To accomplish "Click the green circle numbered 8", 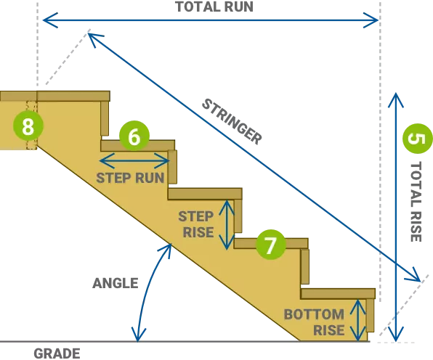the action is coord(28,126).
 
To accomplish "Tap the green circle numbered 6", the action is coord(134,136).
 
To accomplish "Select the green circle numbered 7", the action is coord(270,245).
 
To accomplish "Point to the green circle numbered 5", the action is coord(417,139).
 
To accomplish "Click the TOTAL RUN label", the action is coord(214,7).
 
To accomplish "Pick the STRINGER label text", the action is coord(232,122).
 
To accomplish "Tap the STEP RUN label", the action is coord(130,178).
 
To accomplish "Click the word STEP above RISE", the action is coord(195,216).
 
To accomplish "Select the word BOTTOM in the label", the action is coord(314,314).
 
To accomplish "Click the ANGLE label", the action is coord(116,283).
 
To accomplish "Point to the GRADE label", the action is coord(57,353).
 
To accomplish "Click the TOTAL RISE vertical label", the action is coord(416,202).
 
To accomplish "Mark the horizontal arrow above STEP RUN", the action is coord(134,160).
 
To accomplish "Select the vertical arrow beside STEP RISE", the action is coord(227,225).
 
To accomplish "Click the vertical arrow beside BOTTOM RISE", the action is coord(358,320).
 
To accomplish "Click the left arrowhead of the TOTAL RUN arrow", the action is coord(50,20).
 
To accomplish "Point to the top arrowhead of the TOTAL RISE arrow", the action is coord(396,100).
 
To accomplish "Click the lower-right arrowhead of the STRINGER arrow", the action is coord(413,275).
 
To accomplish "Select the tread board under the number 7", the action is coord(271,244).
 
